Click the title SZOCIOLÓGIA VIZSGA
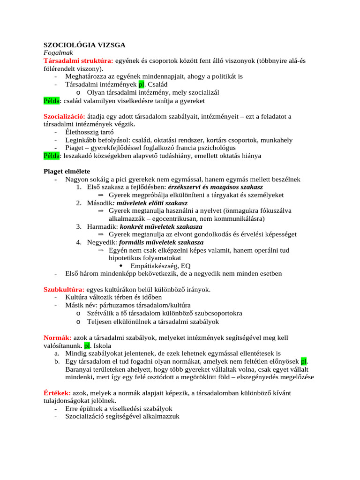pyautogui.click(x=84, y=45)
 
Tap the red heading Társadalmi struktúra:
pyautogui.click(x=78, y=61)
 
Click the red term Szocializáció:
pyautogui.click(x=64, y=116)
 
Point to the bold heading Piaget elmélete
pyautogui.click(x=67, y=171)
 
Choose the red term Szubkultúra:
pyautogui.click(x=64, y=290)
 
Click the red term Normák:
pyautogui.click(x=58, y=337)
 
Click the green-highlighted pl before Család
pyautogui.click(x=142, y=84)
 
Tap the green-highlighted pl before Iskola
pyautogui.click(x=87, y=345)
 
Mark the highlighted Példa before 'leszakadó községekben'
pyautogui.click(x=52, y=156)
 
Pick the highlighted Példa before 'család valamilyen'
pyautogui.click(x=52, y=100)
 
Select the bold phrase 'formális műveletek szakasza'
pyautogui.click(x=161, y=242)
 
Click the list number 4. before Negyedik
pyautogui.click(x=79, y=242)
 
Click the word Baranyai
pyautogui.click(x=80, y=369)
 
